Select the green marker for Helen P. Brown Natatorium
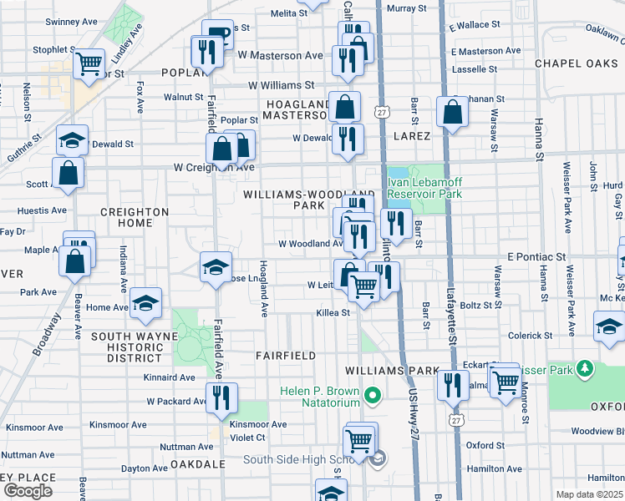pos(373,395)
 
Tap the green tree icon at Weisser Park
pos(586,368)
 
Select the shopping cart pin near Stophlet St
pos(88,63)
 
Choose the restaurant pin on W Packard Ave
pos(221,399)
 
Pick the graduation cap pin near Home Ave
pos(145,306)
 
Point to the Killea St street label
pos(333,312)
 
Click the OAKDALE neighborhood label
pos(198,463)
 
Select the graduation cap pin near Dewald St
pos(73,140)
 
